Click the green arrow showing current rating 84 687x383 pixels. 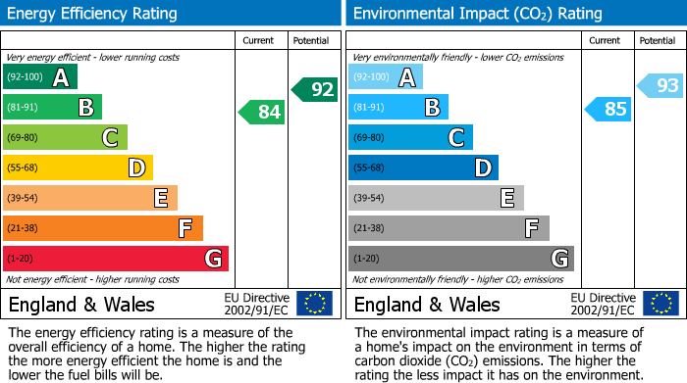[x=262, y=113]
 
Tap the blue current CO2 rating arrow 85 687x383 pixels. [x=608, y=109]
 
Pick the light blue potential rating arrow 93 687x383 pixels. [x=661, y=86]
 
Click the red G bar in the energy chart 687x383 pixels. [x=116, y=259]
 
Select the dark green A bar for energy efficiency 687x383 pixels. [x=39, y=77]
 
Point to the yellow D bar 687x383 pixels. [x=78, y=168]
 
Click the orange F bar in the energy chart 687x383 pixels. [x=103, y=228]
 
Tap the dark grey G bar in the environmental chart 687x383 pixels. [x=460, y=259]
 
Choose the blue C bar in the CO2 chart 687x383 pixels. [x=410, y=138]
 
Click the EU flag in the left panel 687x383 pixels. [x=314, y=304]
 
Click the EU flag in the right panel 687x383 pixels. [x=661, y=304]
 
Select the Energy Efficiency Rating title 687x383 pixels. [x=93, y=14]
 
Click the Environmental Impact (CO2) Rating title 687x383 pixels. [x=477, y=14]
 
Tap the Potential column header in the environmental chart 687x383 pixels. [x=657, y=40]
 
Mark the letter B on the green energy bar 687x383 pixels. [x=86, y=108]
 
